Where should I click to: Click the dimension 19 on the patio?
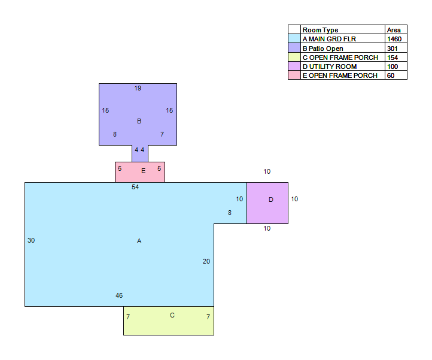coord(138,88)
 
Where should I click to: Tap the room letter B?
coord(139,121)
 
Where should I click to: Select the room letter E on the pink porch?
coord(143,171)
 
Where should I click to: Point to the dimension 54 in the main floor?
coord(135,187)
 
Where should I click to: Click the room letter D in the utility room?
coord(271,199)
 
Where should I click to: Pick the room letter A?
coord(139,241)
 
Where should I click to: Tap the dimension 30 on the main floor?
coord(31,240)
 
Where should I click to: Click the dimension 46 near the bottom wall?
coord(119,295)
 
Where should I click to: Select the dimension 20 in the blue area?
coord(206,261)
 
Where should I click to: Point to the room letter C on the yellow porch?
coord(172,315)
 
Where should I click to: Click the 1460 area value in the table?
coord(394,39)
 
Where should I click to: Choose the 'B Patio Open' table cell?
coord(323,49)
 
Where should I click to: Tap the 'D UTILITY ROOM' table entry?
coord(330,66)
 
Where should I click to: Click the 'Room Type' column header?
coord(321,30)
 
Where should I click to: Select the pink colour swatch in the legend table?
coord(294,75)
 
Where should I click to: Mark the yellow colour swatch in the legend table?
coord(294,57)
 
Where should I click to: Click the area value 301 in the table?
coord(392,49)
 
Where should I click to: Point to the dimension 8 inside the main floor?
coord(230,213)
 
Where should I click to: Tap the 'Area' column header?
coord(394,30)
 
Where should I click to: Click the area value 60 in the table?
coord(391,75)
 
